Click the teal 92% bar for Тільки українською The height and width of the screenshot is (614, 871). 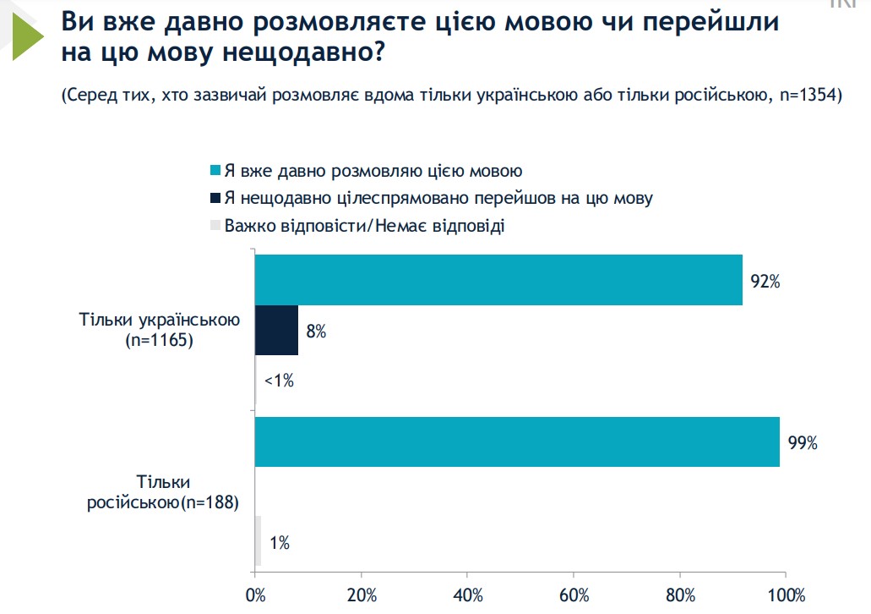pos(498,279)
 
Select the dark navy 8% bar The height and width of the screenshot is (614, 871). pos(277,331)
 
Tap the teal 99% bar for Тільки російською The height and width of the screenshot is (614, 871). pos(517,441)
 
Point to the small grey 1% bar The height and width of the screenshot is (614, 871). pos(258,541)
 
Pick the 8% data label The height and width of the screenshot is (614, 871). pos(316,332)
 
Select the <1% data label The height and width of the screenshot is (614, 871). pos(279,381)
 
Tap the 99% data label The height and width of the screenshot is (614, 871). pos(803,442)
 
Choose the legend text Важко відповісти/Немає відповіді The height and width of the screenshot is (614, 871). pos(364,226)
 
